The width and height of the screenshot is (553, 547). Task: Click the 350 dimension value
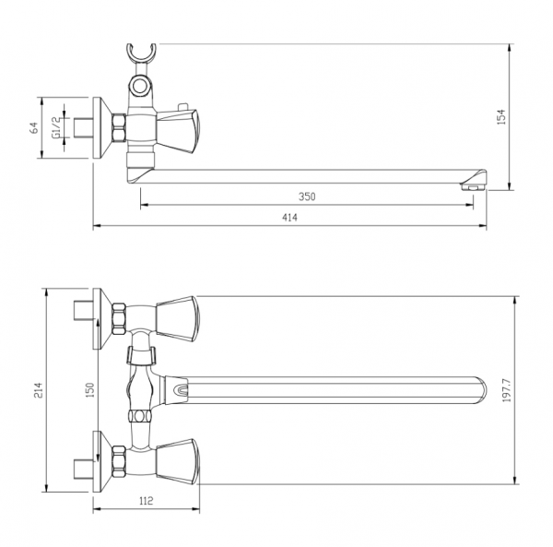click(x=307, y=196)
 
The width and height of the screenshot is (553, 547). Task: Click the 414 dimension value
click(x=289, y=218)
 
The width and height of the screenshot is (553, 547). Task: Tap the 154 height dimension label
click(x=500, y=117)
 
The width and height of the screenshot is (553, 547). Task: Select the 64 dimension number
click(x=34, y=127)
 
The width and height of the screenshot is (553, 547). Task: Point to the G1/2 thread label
click(x=56, y=127)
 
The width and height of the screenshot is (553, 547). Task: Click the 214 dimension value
click(x=38, y=390)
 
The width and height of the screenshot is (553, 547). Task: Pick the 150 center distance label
click(x=90, y=390)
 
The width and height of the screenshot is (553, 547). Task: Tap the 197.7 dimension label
click(x=507, y=391)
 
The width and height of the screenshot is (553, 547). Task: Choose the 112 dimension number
click(x=146, y=500)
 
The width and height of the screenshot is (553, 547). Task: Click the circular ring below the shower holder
click(x=140, y=85)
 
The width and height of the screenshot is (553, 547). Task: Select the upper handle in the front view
click(x=178, y=318)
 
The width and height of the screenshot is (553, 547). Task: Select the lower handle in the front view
click(x=178, y=461)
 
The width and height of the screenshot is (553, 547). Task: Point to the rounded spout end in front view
click(x=479, y=390)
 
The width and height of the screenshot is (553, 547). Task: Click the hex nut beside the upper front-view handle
click(x=119, y=318)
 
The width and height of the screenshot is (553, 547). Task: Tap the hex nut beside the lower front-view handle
click(x=119, y=461)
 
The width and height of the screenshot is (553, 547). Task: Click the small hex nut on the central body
click(x=140, y=415)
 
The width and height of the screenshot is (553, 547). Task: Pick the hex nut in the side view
click(x=119, y=127)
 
